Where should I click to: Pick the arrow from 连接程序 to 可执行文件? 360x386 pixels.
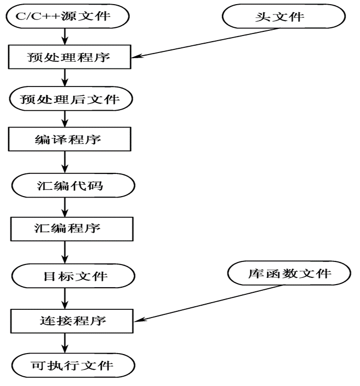(x=64, y=344)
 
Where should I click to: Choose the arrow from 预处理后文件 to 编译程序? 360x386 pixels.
(x=64, y=118)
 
